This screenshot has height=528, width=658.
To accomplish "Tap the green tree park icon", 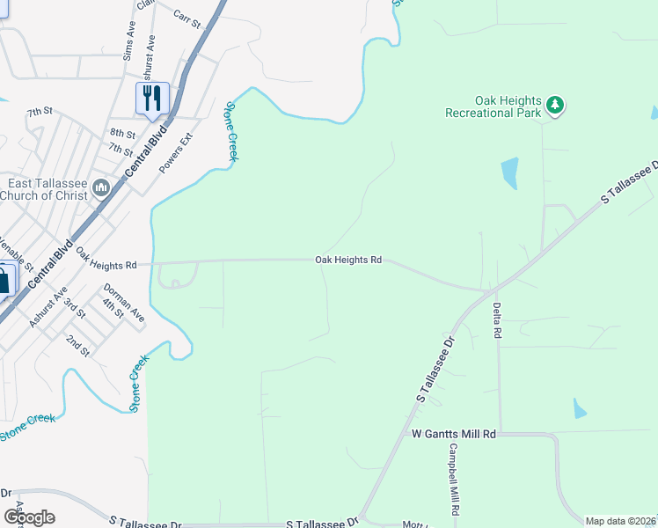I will [x=554, y=106].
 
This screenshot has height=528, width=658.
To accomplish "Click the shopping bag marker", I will [x=4, y=282].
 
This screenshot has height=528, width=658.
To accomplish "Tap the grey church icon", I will [x=101, y=187].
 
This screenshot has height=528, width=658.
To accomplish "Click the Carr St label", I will [x=187, y=17].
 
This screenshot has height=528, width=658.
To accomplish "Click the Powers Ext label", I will [x=175, y=152].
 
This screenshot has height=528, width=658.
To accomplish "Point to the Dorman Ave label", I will [x=124, y=302].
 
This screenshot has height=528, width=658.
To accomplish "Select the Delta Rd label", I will [x=497, y=321].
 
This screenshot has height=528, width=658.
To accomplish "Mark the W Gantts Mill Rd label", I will [x=454, y=435].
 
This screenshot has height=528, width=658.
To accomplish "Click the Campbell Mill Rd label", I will [x=454, y=479].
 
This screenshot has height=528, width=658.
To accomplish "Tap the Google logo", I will [x=29, y=517].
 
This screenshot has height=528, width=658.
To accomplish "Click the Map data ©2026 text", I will [x=621, y=521].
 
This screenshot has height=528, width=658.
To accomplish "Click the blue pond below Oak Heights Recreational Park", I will [x=509, y=172].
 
